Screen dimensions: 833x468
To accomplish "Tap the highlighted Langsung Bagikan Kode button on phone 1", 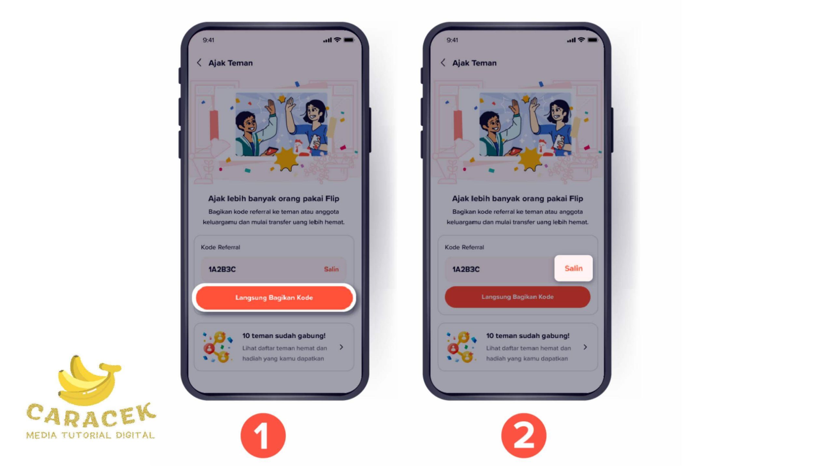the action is tap(274, 297).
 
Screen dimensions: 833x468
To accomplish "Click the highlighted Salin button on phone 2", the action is tap(573, 268).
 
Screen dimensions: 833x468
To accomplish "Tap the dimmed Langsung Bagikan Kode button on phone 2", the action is tap(517, 297).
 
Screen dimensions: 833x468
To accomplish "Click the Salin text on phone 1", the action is tap(331, 269).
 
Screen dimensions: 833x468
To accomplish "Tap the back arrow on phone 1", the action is tap(199, 62).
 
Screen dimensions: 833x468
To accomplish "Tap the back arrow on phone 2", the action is tap(443, 62).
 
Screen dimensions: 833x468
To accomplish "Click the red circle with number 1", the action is tap(263, 435).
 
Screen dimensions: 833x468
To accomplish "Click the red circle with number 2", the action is tap(524, 435).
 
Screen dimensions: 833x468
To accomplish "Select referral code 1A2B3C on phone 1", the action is tap(222, 269).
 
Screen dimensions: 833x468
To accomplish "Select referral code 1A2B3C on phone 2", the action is tap(466, 269).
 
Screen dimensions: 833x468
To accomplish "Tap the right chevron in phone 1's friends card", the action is tap(341, 347).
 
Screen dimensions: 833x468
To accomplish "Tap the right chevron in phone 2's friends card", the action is tap(585, 347).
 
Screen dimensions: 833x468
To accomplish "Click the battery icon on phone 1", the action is tap(349, 40).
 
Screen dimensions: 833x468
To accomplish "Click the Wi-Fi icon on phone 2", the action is tap(581, 40).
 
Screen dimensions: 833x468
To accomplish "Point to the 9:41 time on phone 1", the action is tap(208, 40).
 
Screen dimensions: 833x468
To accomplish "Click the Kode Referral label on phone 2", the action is tap(464, 247).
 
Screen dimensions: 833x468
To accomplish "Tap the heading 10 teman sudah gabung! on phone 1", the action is tap(284, 335).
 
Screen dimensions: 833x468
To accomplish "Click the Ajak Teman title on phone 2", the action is tap(474, 63).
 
